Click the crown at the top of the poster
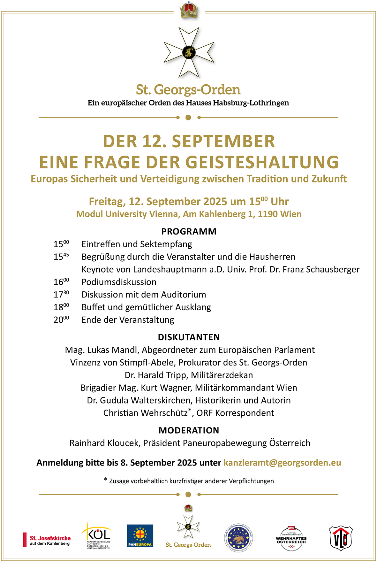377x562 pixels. [189, 10]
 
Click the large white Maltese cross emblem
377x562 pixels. [189, 52]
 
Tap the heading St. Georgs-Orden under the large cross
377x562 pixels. [188, 90]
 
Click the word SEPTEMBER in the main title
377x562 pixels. [223, 142]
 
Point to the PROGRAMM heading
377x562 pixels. [189, 231]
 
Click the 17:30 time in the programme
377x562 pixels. [61, 294]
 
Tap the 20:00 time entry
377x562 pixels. [61, 319]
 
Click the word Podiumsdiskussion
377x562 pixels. [119, 282]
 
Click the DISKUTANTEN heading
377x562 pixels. [189, 337]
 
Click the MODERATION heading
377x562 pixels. [189, 430]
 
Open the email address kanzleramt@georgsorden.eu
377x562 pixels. [282, 463]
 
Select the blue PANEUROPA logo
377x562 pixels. [140, 536]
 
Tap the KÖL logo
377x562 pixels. [97, 535]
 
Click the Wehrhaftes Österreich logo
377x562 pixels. [291, 539]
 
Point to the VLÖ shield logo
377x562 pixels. [341, 538]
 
